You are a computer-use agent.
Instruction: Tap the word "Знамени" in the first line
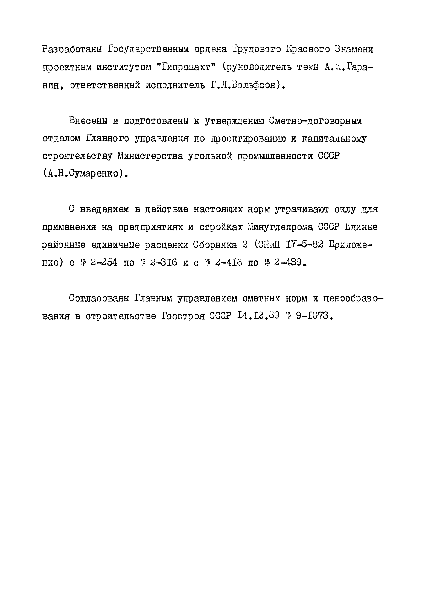(x=354, y=49)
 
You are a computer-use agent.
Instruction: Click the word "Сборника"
(x=215, y=245)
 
